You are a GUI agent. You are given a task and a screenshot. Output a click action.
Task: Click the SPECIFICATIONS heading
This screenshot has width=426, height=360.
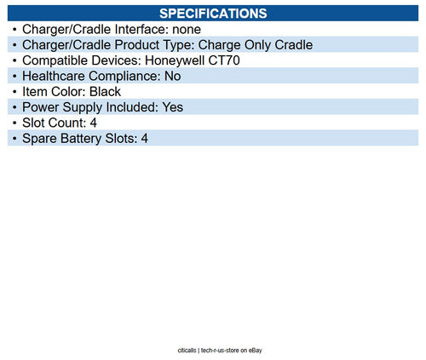(213, 14)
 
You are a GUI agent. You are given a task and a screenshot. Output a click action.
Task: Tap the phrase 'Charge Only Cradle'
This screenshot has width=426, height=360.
(256, 45)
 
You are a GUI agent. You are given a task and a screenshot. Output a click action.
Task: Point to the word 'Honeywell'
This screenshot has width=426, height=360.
(190, 60)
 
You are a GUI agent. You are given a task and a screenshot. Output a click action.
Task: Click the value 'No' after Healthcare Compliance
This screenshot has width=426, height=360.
(172, 76)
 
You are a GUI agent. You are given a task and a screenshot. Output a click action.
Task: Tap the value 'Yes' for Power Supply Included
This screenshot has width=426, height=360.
(172, 107)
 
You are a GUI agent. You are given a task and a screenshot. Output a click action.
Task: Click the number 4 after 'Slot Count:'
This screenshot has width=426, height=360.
(94, 123)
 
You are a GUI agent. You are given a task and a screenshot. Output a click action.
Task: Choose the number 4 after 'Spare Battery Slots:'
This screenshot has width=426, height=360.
(144, 138)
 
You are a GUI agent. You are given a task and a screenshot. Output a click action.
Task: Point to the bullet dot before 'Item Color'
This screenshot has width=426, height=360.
(14, 91)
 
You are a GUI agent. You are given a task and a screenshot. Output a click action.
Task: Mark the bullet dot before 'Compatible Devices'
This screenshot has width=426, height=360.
(14, 60)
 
